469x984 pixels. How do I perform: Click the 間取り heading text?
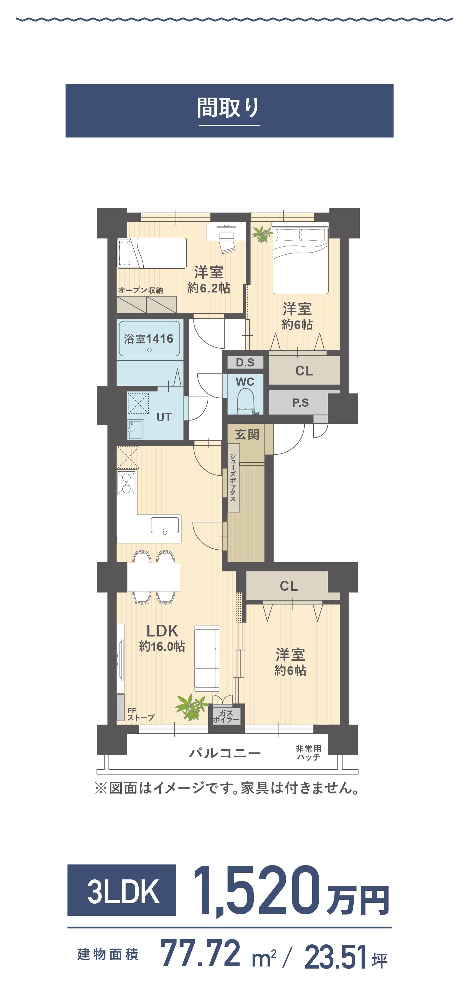[x=229, y=108]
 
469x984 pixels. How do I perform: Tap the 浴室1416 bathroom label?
[x=149, y=339]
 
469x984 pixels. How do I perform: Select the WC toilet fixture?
[x=246, y=401]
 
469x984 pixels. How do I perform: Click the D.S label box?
[x=245, y=362]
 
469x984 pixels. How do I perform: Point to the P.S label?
[x=301, y=403]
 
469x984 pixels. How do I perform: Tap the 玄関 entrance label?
[x=247, y=434]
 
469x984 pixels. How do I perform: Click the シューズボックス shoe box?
[x=233, y=477]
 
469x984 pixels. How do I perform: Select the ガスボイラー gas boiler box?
[x=226, y=716]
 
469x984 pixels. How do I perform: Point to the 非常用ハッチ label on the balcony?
[x=308, y=752]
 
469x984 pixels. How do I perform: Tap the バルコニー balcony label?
[x=225, y=753]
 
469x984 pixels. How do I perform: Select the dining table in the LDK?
[x=154, y=577]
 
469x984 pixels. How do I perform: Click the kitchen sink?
[x=165, y=525]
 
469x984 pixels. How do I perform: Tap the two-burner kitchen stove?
[x=126, y=483]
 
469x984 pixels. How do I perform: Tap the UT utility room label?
[x=164, y=417]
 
